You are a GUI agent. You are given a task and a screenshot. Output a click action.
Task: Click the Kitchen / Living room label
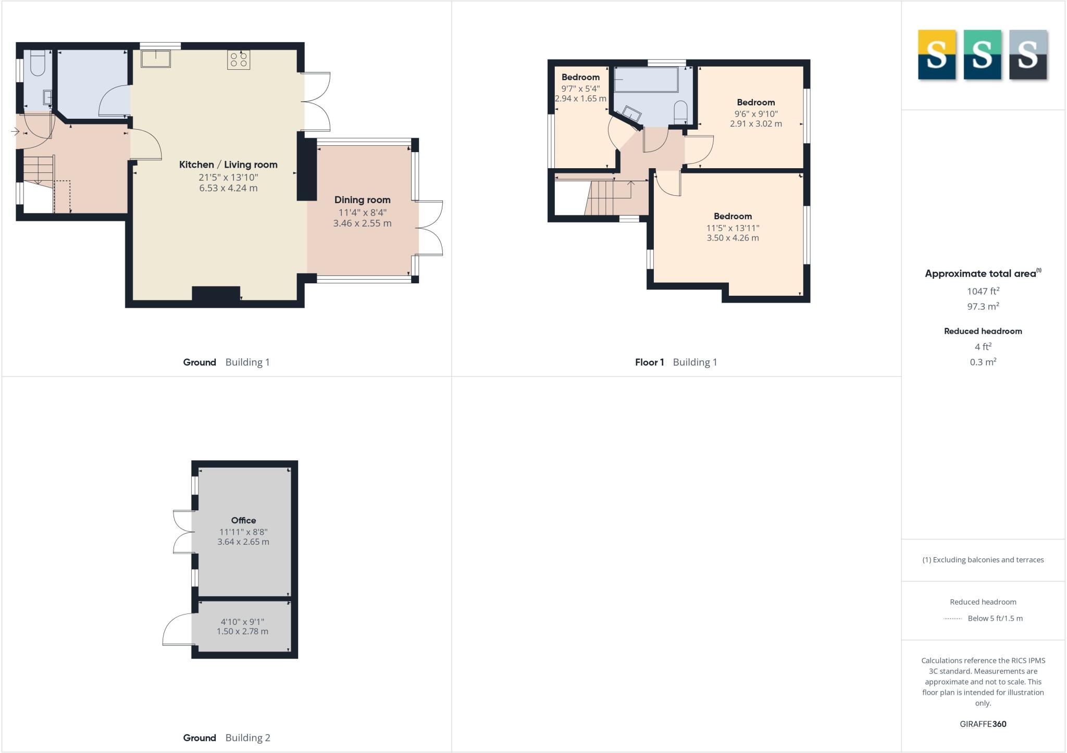(228, 165)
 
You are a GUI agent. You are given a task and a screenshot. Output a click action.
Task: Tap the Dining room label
(362, 200)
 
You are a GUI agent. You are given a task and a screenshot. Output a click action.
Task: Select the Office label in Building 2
(243, 520)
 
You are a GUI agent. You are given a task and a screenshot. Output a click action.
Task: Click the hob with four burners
(239, 59)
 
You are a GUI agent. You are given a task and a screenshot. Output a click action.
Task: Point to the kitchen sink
(156, 58)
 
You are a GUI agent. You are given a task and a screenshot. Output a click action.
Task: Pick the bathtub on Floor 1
(646, 80)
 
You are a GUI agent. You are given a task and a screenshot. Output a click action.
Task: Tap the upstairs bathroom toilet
(680, 111)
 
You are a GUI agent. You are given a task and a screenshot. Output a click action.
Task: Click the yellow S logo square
(937, 55)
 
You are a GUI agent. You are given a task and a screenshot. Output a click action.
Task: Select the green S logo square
(982, 55)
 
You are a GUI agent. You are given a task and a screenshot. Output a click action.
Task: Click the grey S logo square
(1028, 55)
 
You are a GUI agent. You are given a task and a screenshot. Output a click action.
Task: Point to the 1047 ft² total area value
(983, 292)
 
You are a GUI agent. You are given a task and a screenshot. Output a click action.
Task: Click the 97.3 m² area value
(983, 307)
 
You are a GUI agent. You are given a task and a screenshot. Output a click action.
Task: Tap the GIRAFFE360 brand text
(983, 724)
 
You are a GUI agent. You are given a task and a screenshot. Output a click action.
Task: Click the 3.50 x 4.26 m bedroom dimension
(733, 238)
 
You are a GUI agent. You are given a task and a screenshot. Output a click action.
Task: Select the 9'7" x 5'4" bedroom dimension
(580, 89)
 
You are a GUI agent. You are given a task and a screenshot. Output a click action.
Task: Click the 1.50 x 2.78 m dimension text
(242, 632)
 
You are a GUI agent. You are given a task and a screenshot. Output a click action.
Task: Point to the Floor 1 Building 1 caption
(676, 362)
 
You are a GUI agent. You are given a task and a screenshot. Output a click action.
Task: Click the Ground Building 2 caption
(227, 738)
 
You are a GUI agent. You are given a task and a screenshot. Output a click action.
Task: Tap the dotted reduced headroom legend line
(952, 619)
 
